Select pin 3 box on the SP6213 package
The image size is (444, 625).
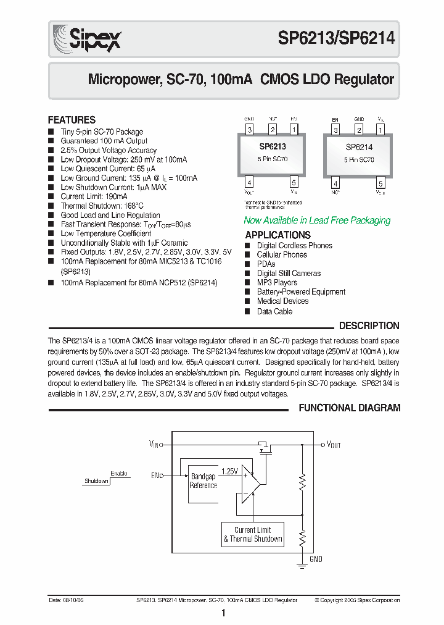pyautogui.click(x=249, y=130)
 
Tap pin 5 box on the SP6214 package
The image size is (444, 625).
pyautogui.click(x=380, y=183)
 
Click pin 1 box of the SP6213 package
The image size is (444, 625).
pyautogui.click(x=294, y=130)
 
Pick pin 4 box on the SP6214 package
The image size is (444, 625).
pyautogui.click(x=335, y=183)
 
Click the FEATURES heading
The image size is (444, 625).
pyautogui.click(x=72, y=120)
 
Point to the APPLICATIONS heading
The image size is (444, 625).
pyautogui.click(x=277, y=235)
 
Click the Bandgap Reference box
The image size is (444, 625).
pyautogui.click(x=203, y=480)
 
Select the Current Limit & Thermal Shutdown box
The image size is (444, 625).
pyautogui.click(x=253, y=534)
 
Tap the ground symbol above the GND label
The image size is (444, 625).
pyautogui.click(x=302, y=563)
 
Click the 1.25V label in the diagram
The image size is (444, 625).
pyautogui.click(x=229, y=471)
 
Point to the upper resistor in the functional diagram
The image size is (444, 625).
pyautogui.click(x=302, y=481)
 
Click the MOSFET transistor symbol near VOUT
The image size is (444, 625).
pyautogui.click(x=265, y=447)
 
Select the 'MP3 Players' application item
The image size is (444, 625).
pyautogui.click(x=277, y=282)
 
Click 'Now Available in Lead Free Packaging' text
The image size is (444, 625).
pyautogui.click(x=317, y=220)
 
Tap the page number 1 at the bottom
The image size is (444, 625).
pyautogui.click(x=223, y=613)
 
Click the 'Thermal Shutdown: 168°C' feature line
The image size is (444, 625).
pyautogui.click(x=102, y=206)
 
